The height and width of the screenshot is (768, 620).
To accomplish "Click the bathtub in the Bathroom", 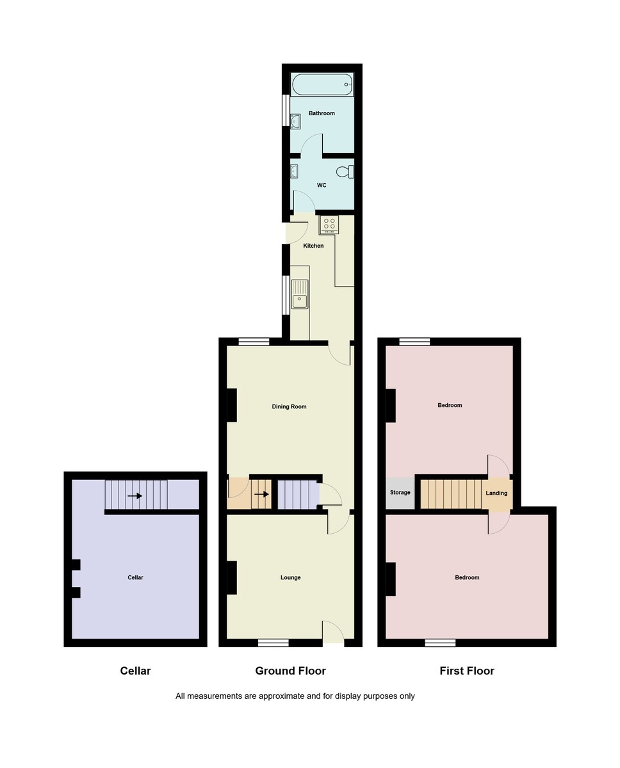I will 322,84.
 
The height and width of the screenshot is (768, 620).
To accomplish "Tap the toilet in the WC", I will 346,172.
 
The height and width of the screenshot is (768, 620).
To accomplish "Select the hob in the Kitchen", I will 329,224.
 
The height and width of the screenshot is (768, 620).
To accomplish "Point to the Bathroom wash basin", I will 295,121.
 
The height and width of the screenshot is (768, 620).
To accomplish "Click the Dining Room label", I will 290,406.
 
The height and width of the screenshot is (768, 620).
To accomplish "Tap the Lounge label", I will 290,577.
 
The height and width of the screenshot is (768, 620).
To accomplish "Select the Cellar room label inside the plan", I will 135,577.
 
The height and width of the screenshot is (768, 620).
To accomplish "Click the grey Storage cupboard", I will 400,493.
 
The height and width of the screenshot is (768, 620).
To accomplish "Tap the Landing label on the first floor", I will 496,493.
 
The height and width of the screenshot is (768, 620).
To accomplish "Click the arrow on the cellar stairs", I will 135,495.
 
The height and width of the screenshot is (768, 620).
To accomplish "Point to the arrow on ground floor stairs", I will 261,494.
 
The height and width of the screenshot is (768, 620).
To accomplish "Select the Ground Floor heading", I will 290,671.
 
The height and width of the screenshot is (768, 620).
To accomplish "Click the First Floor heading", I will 467,671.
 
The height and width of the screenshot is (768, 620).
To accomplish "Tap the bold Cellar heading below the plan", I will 135,671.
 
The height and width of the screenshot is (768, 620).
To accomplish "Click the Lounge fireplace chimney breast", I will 232,577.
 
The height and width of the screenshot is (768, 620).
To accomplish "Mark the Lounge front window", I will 273,643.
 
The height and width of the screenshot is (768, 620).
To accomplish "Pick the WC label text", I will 322,185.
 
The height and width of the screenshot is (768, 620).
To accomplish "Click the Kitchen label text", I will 313,246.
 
